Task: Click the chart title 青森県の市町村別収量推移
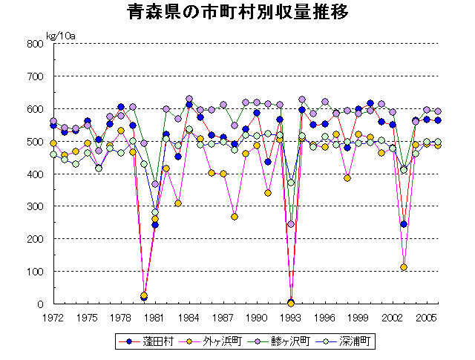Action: tap(237, 13)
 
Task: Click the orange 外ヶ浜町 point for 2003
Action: tap(404, 267)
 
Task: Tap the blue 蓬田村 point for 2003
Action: tap(404, 224)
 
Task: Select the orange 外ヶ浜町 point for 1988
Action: tap(235, 217)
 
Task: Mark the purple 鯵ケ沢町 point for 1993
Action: tap(291, 224)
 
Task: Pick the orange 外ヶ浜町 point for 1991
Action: tap(268, 193)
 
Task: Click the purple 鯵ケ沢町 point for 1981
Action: tap(155, 184)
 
